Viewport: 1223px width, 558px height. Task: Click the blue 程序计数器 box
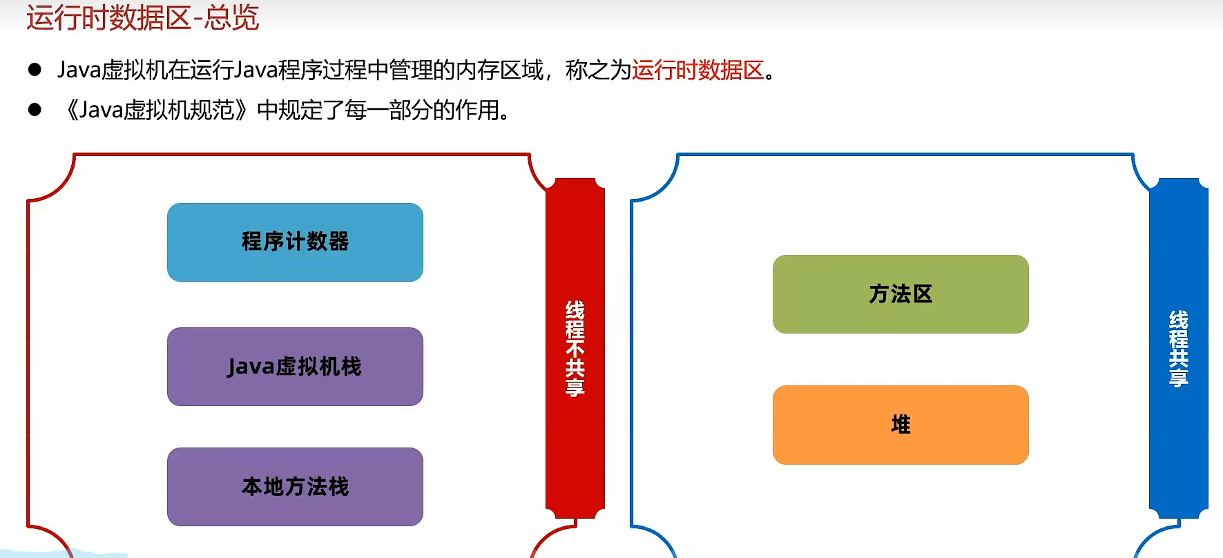click(x=295, y=242)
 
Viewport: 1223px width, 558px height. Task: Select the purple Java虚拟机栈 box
click(x=295, y=366)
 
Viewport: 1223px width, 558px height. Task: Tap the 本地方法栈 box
click(x=295, y=486)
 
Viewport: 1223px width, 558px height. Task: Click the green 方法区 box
click(x=901, y=294)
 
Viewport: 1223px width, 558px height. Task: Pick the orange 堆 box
click(x=901, y=424)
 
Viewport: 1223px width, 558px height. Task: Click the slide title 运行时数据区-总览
click(x=142, y=17)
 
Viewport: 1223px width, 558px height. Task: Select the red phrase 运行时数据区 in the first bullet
click(x=697, y=70)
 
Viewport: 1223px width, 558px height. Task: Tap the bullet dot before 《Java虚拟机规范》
click(x=35, y=110)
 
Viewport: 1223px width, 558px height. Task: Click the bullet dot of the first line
click(x=35, y=70)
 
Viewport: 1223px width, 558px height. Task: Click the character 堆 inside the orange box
click(x=901, y=424)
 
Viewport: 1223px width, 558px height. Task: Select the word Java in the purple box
click(x=251, y=367)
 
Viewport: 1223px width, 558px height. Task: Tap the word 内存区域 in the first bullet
click(x=500, y=70)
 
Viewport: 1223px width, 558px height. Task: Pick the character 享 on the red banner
click(x=575, y=387)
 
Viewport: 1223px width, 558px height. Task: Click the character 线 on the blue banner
click(x=1178, y=320)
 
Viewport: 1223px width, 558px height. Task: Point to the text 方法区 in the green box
click(x=901, y=294)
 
